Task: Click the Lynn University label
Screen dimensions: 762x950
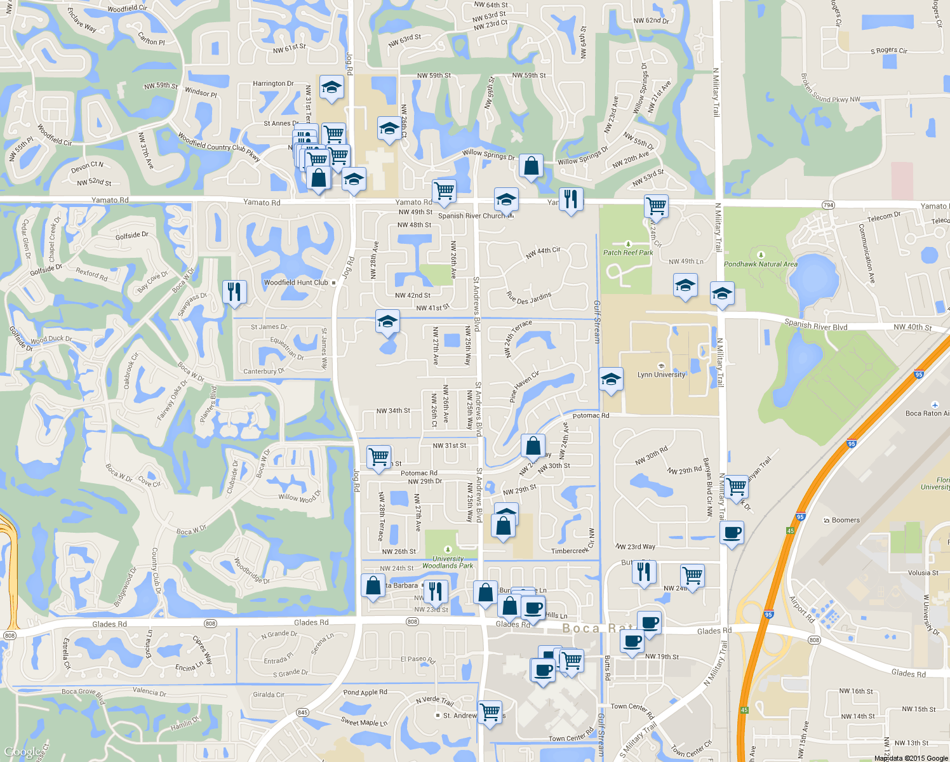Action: click(662, 375)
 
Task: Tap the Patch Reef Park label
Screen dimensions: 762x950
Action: click(628, 252)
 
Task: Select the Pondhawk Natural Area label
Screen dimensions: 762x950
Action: click(761, 264)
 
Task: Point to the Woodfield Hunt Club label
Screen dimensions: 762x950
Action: click(296, 283)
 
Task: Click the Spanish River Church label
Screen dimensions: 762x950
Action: click(471, 216)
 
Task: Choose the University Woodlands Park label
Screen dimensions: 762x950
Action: click(448, 562)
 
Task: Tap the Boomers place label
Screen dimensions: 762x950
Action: click(845, 520)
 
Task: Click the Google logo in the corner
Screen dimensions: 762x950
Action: click(23, 752)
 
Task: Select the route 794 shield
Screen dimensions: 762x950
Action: click(828, 205)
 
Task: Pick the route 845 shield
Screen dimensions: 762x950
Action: click(302, 712)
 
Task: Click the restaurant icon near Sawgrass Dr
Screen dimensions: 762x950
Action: click(234, 291)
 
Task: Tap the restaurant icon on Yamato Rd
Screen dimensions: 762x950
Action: click(571, 199)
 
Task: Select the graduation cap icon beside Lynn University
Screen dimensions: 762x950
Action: click(610, 380)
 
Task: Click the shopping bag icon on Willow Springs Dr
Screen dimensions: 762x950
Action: click(531, 166)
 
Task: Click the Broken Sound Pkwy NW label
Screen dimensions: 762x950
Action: click(830, 89)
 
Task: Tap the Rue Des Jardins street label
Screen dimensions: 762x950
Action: click(528, 298)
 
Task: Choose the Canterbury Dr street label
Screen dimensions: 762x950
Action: click(264, 371)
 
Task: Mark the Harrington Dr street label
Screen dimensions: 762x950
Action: click(273, 83)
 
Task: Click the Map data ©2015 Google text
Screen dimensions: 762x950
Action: click(911, 758)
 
